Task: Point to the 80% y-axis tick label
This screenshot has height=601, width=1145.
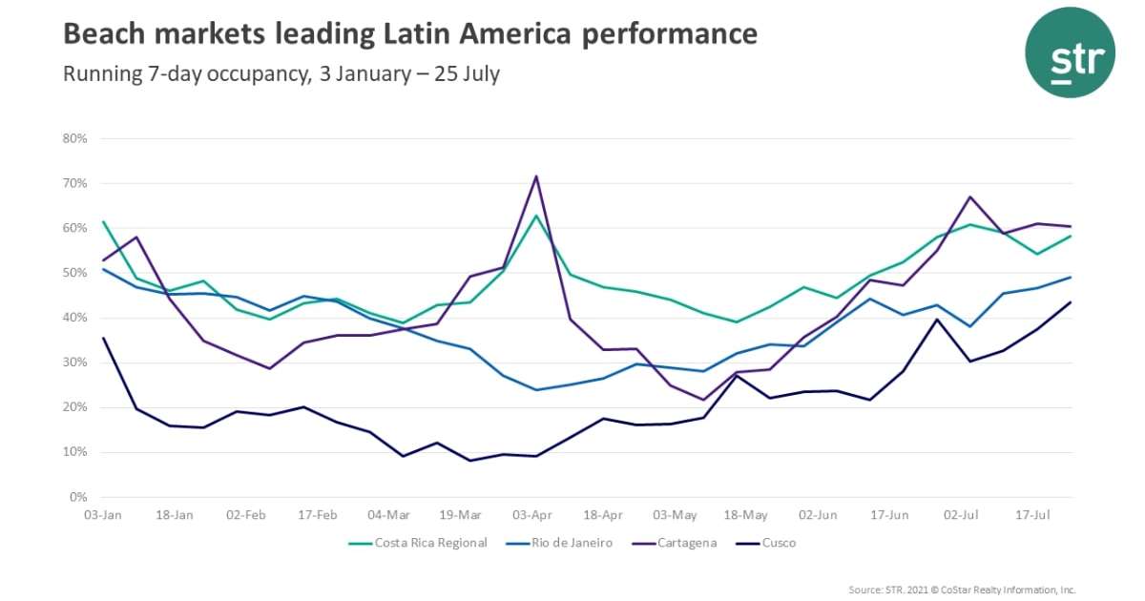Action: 75,138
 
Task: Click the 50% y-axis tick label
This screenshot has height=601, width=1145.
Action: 75,273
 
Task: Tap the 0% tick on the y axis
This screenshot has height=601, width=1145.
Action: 78,497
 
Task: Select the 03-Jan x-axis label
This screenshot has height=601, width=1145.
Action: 102,515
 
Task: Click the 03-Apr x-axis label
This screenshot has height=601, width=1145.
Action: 533,515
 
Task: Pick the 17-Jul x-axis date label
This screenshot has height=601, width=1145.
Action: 1032,515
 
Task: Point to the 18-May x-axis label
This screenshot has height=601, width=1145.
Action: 746,515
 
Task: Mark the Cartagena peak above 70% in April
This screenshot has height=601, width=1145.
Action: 536,176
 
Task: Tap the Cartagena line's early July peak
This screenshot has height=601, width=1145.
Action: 969,197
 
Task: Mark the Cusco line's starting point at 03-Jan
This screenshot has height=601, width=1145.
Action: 102,338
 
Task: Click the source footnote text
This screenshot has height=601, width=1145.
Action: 962,590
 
